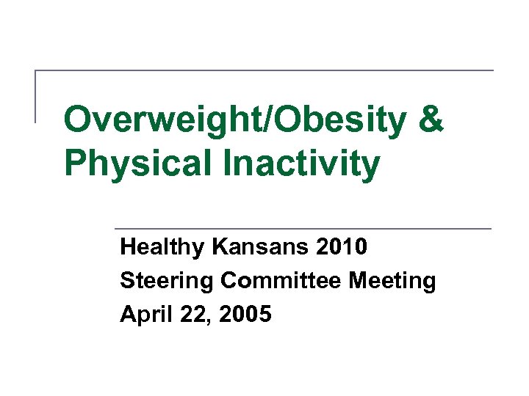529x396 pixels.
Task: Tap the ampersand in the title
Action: (x=431, y=120)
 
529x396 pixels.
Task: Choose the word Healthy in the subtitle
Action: (x=162, y=247)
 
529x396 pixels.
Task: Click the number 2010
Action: (x=342, y=247)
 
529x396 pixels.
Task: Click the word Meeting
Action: (x=393, y=281)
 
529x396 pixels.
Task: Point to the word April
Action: (x=143, y=315)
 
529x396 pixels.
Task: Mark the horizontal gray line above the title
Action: (x=264, y=71)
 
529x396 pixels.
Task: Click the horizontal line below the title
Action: (x=301, y=229)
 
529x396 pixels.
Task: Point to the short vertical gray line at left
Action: (x=36, y=95)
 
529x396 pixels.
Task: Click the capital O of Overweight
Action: (x=78, y=120)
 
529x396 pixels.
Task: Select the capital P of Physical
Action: (x=75, y=163)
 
